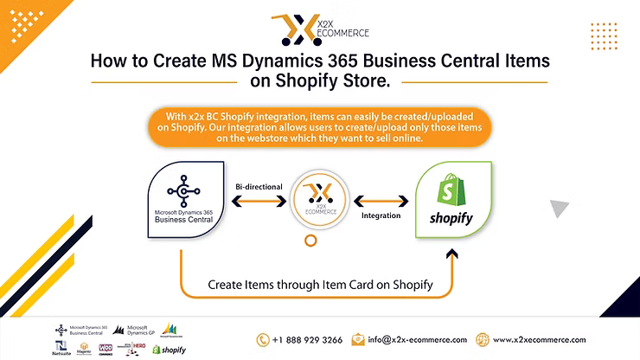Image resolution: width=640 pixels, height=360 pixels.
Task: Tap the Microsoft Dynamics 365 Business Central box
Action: pos(182,197)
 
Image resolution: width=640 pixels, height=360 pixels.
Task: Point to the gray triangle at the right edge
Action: pos(560,207)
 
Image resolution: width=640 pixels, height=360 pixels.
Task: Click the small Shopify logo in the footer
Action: pos(169,350)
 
